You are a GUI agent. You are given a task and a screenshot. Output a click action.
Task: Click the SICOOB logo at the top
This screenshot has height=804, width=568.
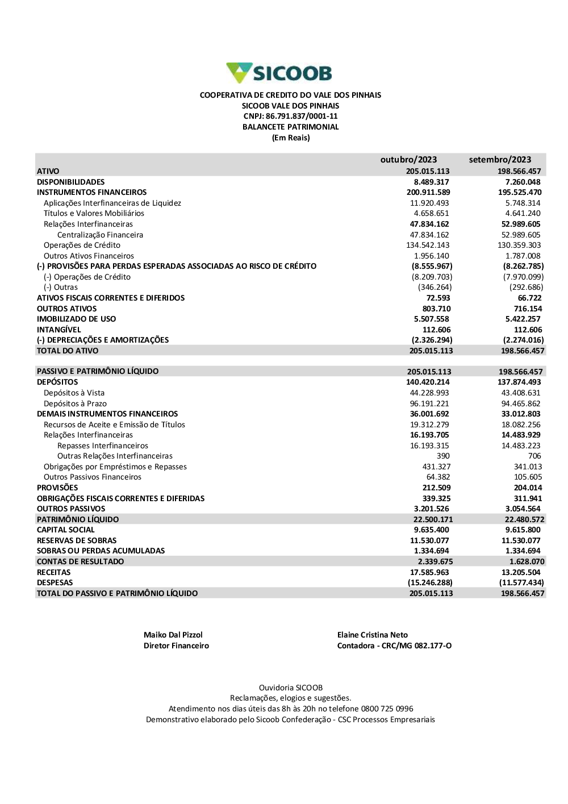tap(279, 73)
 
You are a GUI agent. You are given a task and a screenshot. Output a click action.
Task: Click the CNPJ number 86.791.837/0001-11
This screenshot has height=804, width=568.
tap(302, 116)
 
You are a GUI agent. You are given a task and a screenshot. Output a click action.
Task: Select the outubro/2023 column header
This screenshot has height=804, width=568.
tap(408, 160)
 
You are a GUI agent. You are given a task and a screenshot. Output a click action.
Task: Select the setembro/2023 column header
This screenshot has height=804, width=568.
tap(500, 160)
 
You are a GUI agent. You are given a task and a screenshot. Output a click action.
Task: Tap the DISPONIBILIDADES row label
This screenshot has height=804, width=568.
tap(70, 182)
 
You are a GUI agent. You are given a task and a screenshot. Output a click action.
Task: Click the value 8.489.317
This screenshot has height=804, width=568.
tap(431, 182)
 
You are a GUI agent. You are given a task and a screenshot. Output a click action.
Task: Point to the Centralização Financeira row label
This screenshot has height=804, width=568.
tap(100, 235)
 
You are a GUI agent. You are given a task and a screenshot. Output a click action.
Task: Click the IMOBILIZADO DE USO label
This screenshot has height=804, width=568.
tap(76, 319)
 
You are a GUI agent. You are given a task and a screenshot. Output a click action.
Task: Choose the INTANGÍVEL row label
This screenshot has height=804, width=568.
tap(59, 330)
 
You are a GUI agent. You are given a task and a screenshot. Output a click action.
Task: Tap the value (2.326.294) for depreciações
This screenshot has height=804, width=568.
tap(432, 340)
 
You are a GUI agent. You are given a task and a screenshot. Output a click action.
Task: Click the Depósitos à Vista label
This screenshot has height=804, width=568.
tap(74, 393)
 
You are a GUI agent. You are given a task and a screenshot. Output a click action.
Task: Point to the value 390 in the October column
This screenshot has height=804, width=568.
tap(443, 456)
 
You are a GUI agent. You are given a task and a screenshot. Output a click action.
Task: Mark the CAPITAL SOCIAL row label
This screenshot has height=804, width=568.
tap(65, 530)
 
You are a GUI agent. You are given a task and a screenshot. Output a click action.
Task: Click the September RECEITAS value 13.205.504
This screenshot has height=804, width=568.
tap(521, 572)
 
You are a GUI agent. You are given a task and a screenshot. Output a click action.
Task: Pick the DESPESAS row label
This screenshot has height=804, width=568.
tap(55, 583)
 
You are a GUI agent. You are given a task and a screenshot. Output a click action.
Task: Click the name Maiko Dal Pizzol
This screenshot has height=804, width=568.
tap(173, 635)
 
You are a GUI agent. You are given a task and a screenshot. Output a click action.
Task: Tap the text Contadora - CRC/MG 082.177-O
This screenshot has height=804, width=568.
tap(394, 646)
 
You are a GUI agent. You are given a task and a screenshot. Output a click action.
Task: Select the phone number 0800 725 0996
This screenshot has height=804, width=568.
tap(387, 709)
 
